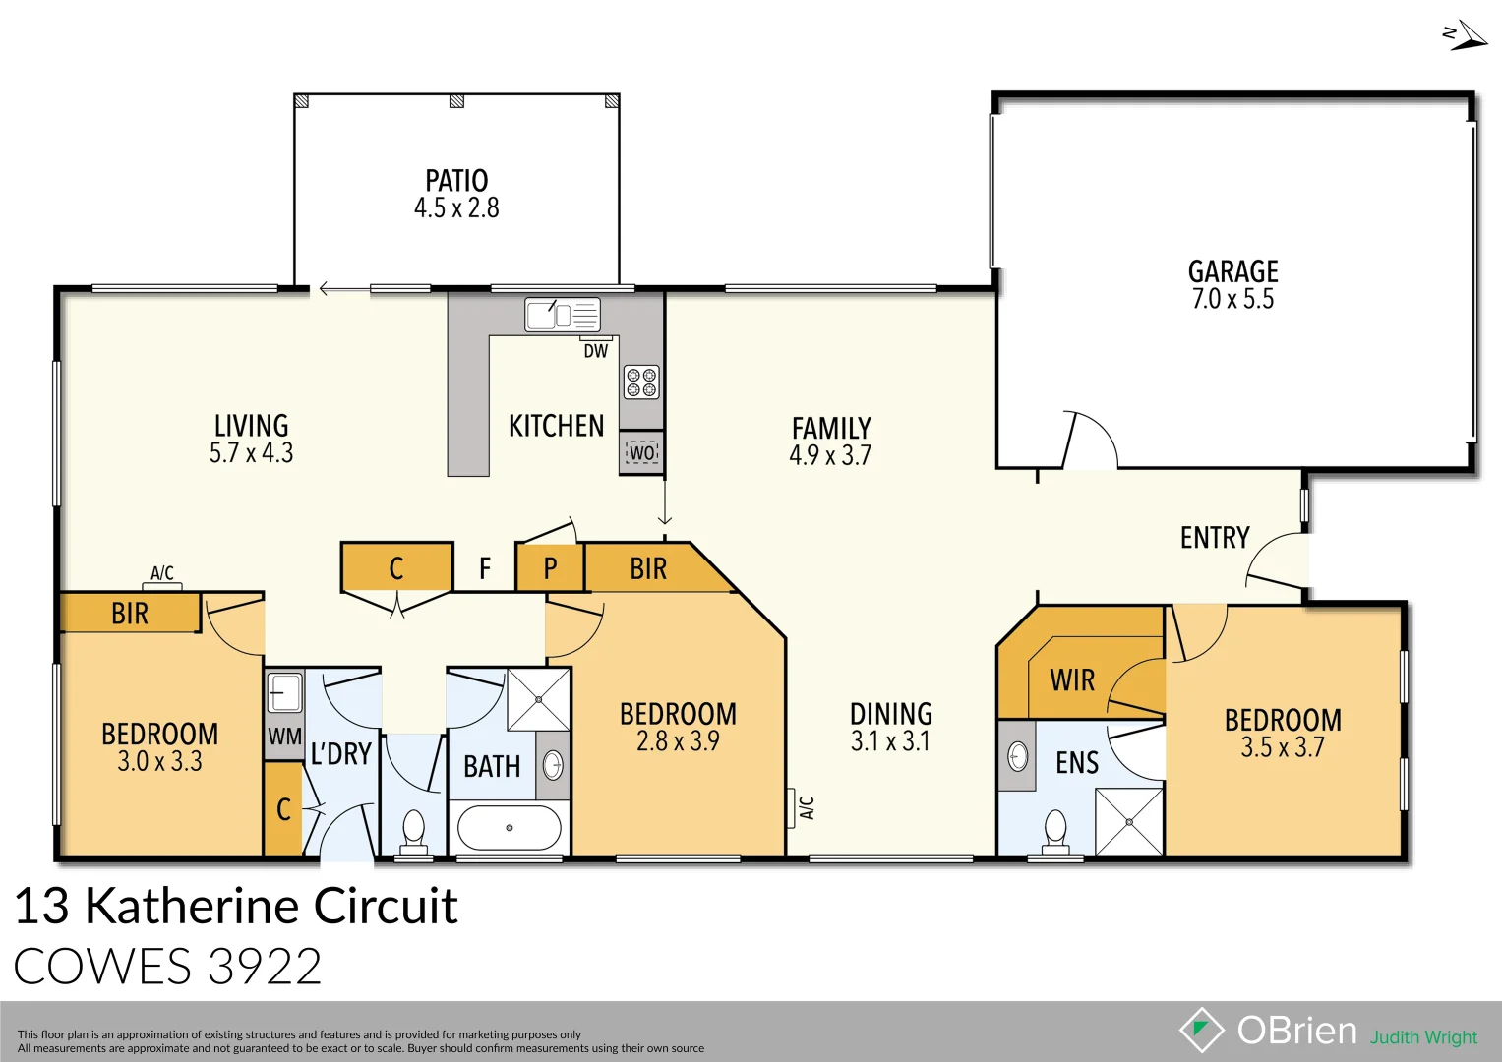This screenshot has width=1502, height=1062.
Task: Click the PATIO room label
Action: click(456, 181)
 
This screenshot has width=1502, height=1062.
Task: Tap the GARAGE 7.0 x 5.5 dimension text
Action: click(1232, 299)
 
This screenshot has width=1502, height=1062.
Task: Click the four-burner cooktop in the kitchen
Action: click(641, 383)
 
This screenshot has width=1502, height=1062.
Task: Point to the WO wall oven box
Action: click(641, 452)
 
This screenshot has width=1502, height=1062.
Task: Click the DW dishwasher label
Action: click(596, 351)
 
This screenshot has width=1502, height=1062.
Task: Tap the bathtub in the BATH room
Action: click(510, 828)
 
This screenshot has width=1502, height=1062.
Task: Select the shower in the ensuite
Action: click(1129, 821)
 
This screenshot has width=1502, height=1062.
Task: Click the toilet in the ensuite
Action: click(1055, 831)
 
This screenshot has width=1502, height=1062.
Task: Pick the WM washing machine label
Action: click(284, 737)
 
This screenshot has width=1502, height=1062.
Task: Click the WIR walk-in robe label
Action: click(1072, 680)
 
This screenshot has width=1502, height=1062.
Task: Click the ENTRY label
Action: click(1215, 538)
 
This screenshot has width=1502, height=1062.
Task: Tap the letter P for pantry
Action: click(550, 568)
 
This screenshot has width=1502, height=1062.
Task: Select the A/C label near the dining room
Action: click(807, 808)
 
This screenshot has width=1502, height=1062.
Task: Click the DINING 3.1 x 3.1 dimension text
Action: click(890, 741)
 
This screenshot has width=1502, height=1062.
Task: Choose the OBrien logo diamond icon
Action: click(1201, 1030)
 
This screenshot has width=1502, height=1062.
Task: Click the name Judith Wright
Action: click(1423, 1037)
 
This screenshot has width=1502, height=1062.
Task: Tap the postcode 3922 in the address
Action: click(266, 967)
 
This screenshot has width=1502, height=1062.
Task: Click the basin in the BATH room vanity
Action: click(554, 765)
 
